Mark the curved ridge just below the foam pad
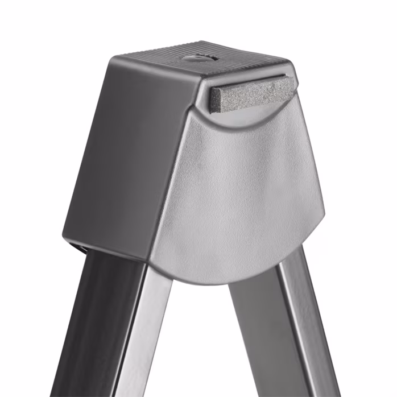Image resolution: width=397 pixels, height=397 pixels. pos(250,117)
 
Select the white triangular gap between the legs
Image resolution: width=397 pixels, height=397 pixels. pos(202,347)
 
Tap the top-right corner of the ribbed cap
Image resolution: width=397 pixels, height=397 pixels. pos(290,59)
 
